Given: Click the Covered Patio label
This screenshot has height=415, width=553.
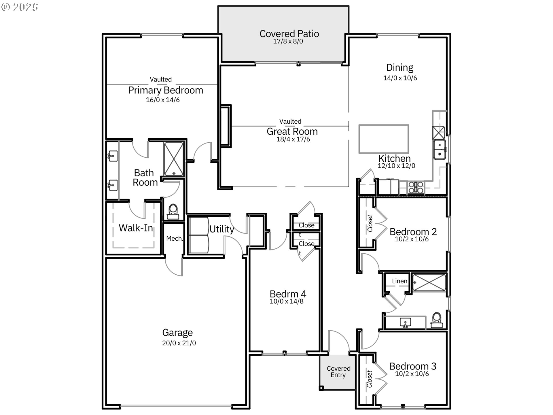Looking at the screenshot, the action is click(x=289, y=34).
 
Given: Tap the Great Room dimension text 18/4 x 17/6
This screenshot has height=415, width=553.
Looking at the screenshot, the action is click(x=293, y=139).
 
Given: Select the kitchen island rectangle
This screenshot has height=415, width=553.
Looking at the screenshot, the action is click(x=383, y=139).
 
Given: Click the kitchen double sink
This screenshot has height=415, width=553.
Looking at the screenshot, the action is click(x=440, y=150).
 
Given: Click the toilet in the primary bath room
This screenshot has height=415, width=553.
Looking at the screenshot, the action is click(x=173, y=212).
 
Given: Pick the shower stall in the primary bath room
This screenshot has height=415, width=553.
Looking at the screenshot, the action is click(x=174, y=159).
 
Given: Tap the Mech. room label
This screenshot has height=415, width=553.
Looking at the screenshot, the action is click(x=175, y=239).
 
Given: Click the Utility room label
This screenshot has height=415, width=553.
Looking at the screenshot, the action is click(x=221, y=229).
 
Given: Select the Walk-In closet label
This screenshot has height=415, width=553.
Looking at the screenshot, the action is click(x=136, y=228).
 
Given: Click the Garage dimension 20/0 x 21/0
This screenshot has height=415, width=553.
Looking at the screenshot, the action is click(x=179, y=343).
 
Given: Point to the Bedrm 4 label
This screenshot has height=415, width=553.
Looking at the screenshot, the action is click(x=288, y=294).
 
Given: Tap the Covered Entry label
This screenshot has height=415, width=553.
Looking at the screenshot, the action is click(x=338, y=372).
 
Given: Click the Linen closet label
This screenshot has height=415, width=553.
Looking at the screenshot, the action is click(x=399, y=281).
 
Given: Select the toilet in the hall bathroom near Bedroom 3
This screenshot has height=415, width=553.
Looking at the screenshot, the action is click(x=437, y=320).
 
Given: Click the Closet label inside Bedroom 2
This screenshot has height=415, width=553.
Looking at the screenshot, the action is click(x=370, y=223).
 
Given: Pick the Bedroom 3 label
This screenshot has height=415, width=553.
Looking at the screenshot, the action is click(x=412, y=366).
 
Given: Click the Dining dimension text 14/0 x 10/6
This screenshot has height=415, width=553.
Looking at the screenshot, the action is click(x=400, y=78).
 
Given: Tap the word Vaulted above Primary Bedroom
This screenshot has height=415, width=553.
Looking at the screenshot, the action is click(x=160, y=80).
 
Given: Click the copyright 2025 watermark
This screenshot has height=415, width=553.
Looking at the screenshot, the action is click(x=20, y=7).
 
